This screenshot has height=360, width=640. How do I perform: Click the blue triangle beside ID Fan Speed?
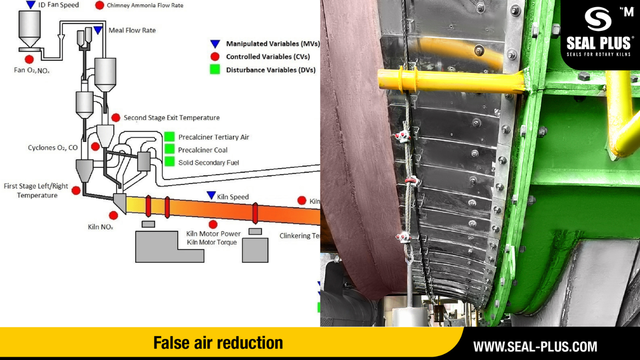click(30, 4)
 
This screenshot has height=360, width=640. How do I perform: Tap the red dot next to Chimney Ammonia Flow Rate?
click(99, 5)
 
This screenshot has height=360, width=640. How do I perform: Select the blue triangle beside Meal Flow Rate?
click(98, 30)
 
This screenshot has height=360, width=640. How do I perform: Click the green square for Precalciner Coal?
click(169, 149)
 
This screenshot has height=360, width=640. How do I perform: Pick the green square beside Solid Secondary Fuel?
click(169, 162)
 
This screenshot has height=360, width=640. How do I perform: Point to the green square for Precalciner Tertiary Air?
click(169, 137)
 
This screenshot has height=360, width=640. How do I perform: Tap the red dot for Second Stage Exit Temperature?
click(116, 117)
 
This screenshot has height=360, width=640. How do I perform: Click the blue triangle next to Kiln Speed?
click(211, 195)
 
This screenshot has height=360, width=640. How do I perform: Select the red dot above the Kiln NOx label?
click(113, 215)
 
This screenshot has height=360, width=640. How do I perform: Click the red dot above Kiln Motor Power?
click(213, 224)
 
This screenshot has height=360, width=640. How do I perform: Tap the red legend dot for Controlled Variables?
click(215, 56)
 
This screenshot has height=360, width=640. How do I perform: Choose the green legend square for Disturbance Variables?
click(215, 69)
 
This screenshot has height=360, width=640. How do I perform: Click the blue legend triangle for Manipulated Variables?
click(215, 44)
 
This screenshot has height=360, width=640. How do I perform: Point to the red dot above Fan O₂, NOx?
click(29, 59)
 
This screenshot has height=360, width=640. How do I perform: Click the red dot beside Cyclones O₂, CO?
click(95, 146)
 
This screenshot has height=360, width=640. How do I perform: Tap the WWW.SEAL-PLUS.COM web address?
click(535, 347)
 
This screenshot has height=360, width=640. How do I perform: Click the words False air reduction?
click(218, 343)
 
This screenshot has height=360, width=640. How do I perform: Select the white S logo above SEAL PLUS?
click(598, 19)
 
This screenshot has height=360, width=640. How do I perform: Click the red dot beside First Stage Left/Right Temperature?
click(76, 190)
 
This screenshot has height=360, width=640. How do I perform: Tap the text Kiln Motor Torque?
click(212, 242)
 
